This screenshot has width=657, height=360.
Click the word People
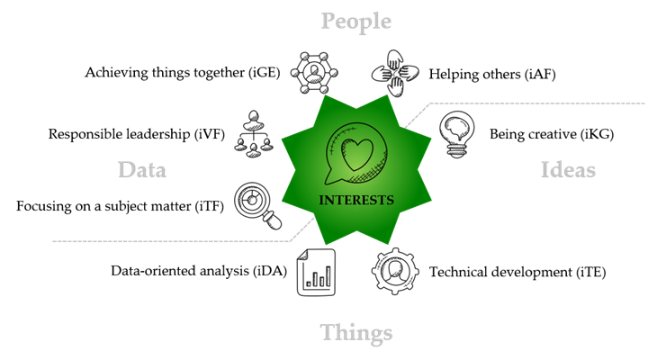[356, 21]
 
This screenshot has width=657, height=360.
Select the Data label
[141, 169]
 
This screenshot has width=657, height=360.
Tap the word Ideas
[568, 169]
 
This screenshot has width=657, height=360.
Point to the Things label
[356, 332]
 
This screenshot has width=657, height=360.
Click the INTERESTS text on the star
[356, 200]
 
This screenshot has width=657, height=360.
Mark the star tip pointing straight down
[356, 244]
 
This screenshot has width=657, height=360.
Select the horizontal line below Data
[171, 241]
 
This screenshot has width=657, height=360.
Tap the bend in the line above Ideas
[430, 104]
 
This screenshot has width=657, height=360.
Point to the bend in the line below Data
[290, 240]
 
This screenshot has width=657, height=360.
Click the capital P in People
[328, 20]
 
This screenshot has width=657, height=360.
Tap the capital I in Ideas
[544, 169]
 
